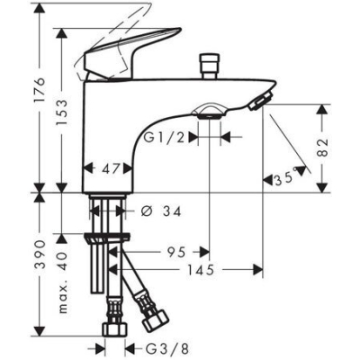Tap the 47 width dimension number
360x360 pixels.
[x=111, y=167]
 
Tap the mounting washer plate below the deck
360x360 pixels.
[x=108, y=240]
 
